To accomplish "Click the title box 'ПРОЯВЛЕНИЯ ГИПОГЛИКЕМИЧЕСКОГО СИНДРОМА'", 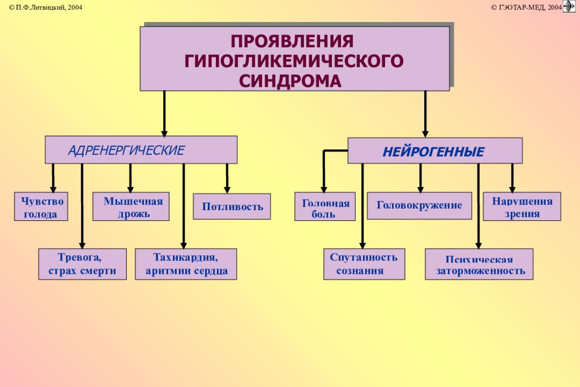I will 295,58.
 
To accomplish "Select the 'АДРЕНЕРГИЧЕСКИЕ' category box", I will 141,150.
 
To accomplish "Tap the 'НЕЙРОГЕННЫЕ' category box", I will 434,151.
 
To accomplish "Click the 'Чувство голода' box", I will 41,207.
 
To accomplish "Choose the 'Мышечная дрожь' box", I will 131,207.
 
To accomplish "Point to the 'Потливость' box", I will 232,206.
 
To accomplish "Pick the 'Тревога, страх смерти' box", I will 82,264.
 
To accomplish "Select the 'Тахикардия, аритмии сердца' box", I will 186,264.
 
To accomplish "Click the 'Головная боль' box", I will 325,207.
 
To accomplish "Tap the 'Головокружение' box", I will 420,206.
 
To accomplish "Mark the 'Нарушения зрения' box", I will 522,207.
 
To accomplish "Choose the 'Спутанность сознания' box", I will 364,264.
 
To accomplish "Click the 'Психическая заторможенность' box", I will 479,264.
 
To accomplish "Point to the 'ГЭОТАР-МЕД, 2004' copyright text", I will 526,7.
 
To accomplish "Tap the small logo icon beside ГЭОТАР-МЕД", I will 569,6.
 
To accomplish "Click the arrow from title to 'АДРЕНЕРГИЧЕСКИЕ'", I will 164,113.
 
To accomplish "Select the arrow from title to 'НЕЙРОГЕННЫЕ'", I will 425,113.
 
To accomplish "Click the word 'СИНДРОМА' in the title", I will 290,80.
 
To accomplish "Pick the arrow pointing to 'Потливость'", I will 227,178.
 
